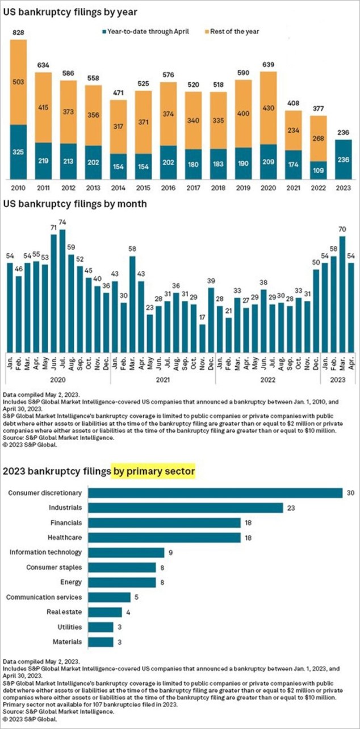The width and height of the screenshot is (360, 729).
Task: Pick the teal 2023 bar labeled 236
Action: point(342,158)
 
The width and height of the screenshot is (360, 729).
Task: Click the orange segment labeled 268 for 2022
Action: point(317,139)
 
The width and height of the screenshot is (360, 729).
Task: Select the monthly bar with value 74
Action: point(62,290)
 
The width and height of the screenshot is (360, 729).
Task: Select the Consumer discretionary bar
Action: point(216,493)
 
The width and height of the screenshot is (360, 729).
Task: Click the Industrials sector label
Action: point(65,508)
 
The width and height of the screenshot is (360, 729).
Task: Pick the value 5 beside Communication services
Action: point(136,597)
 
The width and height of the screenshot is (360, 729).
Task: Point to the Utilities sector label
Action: point(67,627)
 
